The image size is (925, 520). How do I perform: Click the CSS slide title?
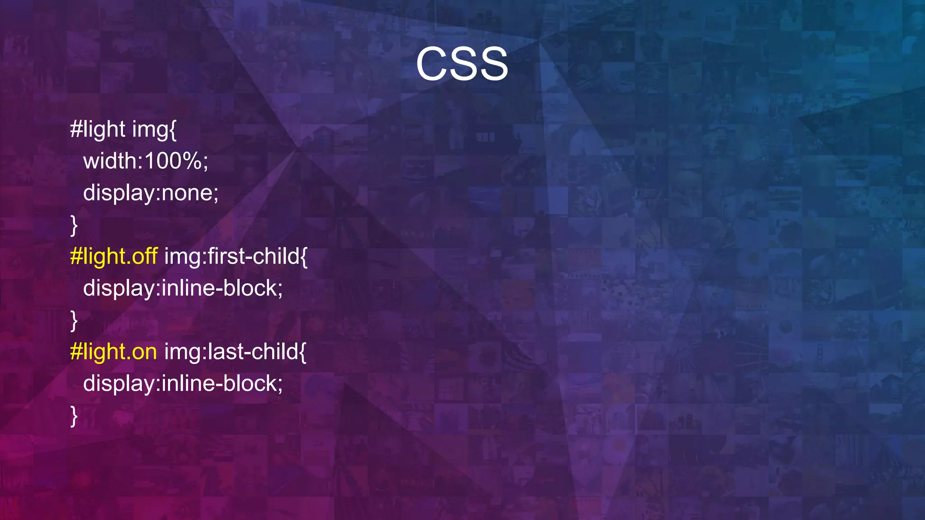462,64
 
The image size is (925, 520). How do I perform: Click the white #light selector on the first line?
98,130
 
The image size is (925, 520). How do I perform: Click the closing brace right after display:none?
74,225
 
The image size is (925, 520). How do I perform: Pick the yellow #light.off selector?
114,256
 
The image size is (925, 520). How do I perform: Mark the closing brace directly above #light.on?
74,320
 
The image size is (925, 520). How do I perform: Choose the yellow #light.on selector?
113,352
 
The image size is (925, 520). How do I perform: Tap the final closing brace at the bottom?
74,416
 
